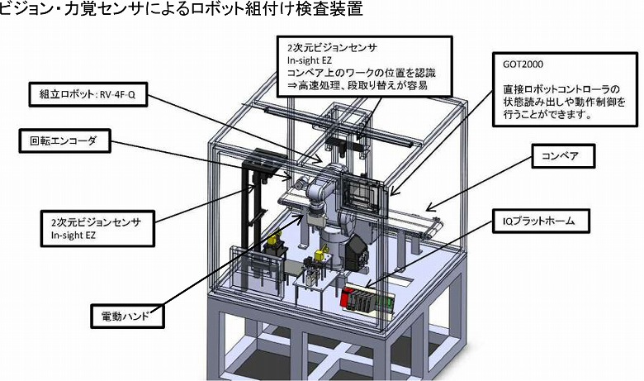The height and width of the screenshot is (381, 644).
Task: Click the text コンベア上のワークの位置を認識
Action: [363, 73]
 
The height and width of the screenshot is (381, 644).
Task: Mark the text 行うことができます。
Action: [546, 115]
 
